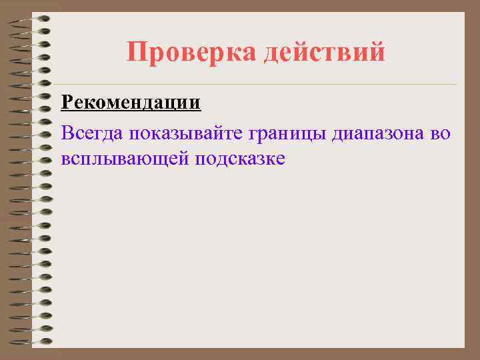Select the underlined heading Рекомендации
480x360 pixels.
click(130, 104)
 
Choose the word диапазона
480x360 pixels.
click(377, 134)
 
